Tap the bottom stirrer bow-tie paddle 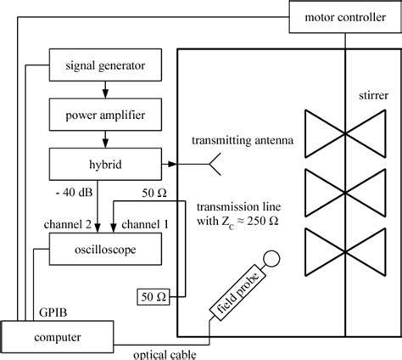[x=346, y=254]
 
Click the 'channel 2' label [x=61, y=227]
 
